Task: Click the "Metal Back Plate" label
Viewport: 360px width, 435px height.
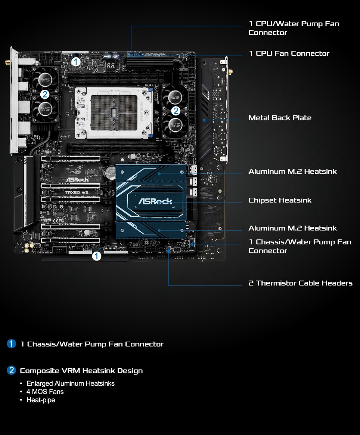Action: pyautogui.click(x=280, y=118)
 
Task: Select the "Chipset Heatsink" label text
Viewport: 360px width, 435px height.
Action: pyautogui.click(x=280, y=200)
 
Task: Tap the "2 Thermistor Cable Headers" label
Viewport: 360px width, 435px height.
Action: pyautogui.click(x=300, y=283)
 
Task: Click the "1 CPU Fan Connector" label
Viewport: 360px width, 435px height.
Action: pyautogui.click(x=289, y=53)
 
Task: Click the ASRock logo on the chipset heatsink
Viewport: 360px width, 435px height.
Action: pyautogui.click(x=155, y=201)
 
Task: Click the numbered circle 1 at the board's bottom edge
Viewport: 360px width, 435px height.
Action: pyautogui.click(x=96, y=256)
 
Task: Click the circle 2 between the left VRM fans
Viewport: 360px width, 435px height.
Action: pyautogui.click(x=45, y=94)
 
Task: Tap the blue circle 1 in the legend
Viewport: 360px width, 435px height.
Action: pyautogui.click(x=12, y=344)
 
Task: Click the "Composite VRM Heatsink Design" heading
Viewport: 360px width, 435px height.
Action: pyautogui.click(x=81, y=371)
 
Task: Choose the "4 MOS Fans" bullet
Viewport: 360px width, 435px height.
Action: pyautogui.click(x=45, y=392)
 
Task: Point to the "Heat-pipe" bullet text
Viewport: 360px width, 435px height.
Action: pyautogui.click(x=40, y=400)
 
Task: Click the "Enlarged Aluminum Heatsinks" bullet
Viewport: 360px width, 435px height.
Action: pyautogui.click(x=70, y=383)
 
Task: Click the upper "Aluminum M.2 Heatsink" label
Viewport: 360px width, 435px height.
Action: pyautogui.click(x=292, y=172)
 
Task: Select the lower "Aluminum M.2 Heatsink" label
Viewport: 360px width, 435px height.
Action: pyautogui.click(x=292, y=228)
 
